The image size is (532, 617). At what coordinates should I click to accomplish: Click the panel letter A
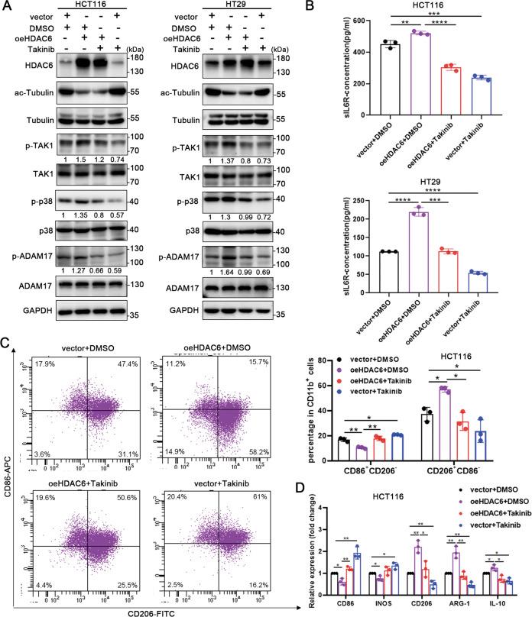point(8,8)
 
